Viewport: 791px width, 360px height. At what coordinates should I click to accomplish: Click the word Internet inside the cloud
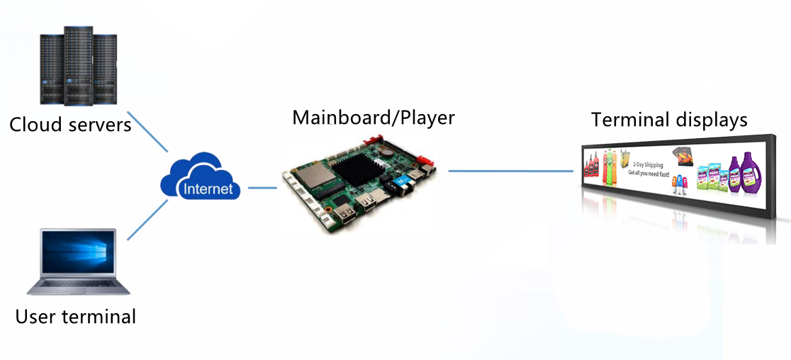208,189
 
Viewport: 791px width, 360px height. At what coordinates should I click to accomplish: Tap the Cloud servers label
70,125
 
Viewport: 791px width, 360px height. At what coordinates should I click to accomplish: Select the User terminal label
76,316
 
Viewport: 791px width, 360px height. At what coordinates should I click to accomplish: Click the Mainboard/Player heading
374,117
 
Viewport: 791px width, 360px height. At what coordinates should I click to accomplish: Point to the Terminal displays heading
669,120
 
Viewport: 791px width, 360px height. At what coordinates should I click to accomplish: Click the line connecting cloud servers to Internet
149,133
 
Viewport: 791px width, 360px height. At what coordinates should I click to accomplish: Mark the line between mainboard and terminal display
510,171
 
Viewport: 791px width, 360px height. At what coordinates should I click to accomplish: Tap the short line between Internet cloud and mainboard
262,188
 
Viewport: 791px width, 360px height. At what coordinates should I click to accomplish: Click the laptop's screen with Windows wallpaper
78,252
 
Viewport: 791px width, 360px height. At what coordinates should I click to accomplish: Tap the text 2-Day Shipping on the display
646,164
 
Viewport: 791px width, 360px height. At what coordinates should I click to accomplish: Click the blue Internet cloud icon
201,176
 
